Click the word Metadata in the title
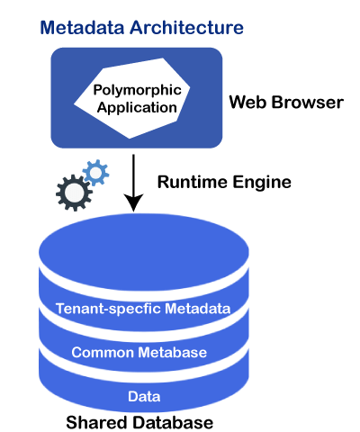pos(82,27)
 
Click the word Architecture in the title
pos(186,27)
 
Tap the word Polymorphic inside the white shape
pos(138,90)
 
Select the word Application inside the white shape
pos(137,108)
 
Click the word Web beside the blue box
pos(247,102)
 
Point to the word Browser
pos(308,102)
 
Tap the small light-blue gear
pos(95,173)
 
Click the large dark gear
pos(74,193)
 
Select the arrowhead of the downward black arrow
pos(133,202)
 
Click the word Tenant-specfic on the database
pos(108,309)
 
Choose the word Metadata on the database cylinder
pos(198,309)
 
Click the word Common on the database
pos(103,352)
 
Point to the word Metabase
pos(173,352)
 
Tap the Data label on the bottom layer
pos(144,396)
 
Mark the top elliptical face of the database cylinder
pos(144,251)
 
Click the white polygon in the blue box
pos(132,98)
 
